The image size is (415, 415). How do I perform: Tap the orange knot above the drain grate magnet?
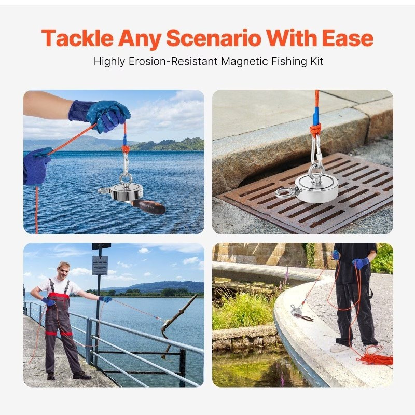(315, 129)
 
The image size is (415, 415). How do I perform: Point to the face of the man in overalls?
(64, 271)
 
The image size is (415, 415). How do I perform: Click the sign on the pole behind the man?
(100, 265)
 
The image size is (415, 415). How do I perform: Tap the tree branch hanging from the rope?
(176, 322)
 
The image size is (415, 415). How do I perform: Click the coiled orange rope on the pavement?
(376, 357)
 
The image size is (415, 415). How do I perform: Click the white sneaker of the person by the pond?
(340, 347)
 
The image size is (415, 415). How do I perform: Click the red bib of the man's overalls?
(59, 298)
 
